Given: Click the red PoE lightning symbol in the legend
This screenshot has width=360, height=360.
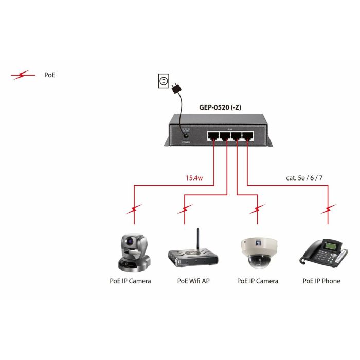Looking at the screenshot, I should coord(24,76).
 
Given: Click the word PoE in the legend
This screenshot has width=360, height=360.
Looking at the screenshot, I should coord(50,75).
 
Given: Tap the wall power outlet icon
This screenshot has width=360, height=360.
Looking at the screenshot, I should coord(164,81).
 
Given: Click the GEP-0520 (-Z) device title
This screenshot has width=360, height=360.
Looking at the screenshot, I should coord(220,107).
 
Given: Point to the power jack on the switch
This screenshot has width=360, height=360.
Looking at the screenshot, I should coord(185,132).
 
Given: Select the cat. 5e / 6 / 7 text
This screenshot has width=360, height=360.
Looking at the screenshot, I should coord(304,178).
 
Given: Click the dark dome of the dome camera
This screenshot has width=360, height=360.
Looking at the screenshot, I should coord(257,261).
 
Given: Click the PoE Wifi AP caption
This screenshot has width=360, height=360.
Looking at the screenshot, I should coord(193,281).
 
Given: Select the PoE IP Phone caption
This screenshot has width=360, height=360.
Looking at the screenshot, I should coord(321,281).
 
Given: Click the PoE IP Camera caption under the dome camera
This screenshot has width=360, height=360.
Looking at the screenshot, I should coord(257,281).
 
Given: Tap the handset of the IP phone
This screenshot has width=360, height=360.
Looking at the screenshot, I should coord(311,253).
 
